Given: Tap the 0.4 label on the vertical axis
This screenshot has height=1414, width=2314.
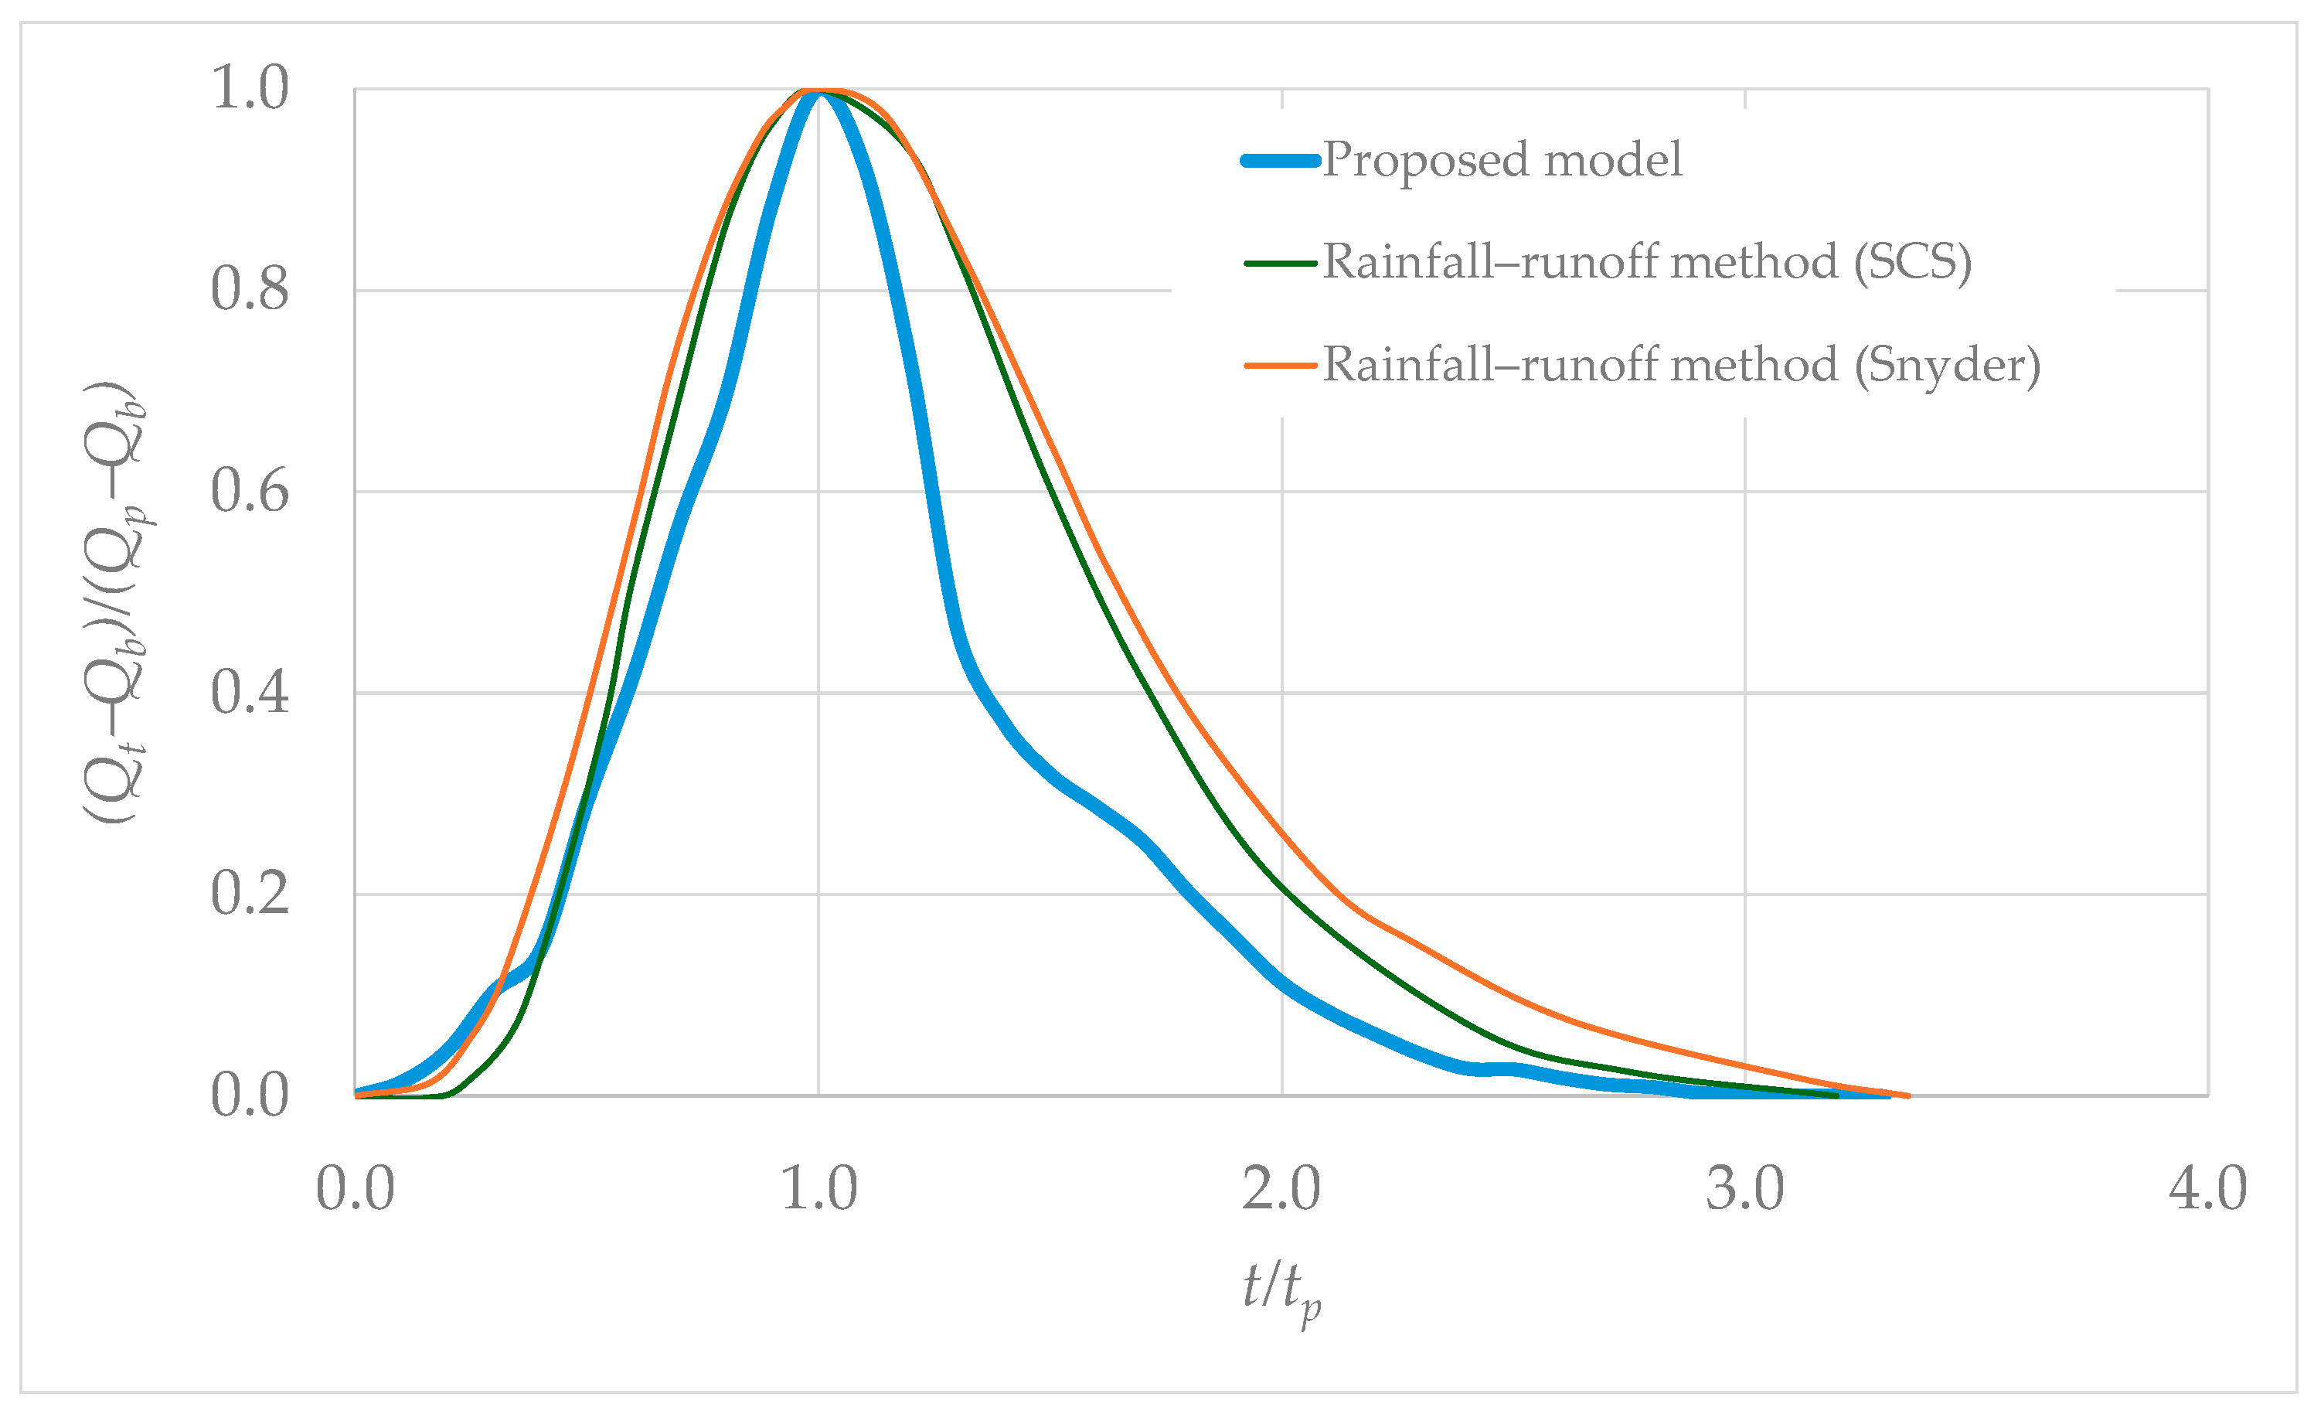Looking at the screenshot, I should click(x=249, y=693).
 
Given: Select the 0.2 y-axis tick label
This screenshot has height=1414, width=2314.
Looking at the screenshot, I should click(x=249, y=894).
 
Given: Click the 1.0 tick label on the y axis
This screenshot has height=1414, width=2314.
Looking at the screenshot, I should click(x=249, y=88).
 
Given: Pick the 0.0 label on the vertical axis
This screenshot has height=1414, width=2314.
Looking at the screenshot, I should click(x=249, y=1095).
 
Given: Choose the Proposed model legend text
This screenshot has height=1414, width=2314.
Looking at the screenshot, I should click(x=1502, y=160).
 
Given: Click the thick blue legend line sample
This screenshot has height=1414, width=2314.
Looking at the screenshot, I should click(x=1280, y=161).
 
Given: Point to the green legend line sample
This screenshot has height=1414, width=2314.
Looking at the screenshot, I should click(x=1280, y=263).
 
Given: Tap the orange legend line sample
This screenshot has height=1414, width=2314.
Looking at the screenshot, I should click(x=1280, y=366).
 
